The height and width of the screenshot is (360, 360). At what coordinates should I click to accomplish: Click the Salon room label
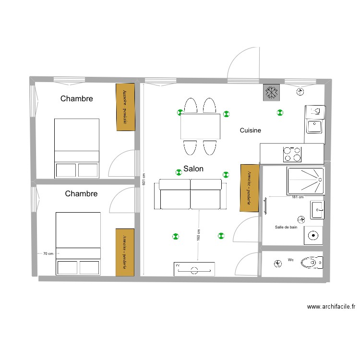click(x=193, y=169)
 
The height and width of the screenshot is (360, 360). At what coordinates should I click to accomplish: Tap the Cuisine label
click(x=250, y=130)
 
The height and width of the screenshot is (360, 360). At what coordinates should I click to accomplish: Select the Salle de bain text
click(x=286, y=227)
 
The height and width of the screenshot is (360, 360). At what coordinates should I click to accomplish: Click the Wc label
click(x=290, y=260)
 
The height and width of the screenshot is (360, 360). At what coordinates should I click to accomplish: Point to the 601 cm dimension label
click(x=143, y=180)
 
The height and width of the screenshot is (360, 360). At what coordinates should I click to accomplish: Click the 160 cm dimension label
click(x=198, y=235)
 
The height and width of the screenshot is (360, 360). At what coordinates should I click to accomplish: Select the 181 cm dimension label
click(x=298, y=197)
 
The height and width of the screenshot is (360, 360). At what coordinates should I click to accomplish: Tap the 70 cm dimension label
click(x=48, y=253)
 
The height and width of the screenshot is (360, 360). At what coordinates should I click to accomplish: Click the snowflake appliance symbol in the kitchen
click(x=271, y=93)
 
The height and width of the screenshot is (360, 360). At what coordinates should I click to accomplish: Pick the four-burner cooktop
click(x=292, y=154)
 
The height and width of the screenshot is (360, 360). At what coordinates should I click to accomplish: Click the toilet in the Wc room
click(x=311, y=263)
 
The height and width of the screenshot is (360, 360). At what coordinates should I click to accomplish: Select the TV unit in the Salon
click(x=194, y=269)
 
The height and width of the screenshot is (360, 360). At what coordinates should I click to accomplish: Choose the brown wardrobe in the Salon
click(x=249, y=188)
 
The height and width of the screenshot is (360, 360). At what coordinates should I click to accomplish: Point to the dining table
click(x=200, y=126)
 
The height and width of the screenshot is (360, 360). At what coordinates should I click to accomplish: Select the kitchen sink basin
click(x=314, y=126)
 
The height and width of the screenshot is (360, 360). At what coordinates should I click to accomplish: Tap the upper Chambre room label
click(x=76, y=99)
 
